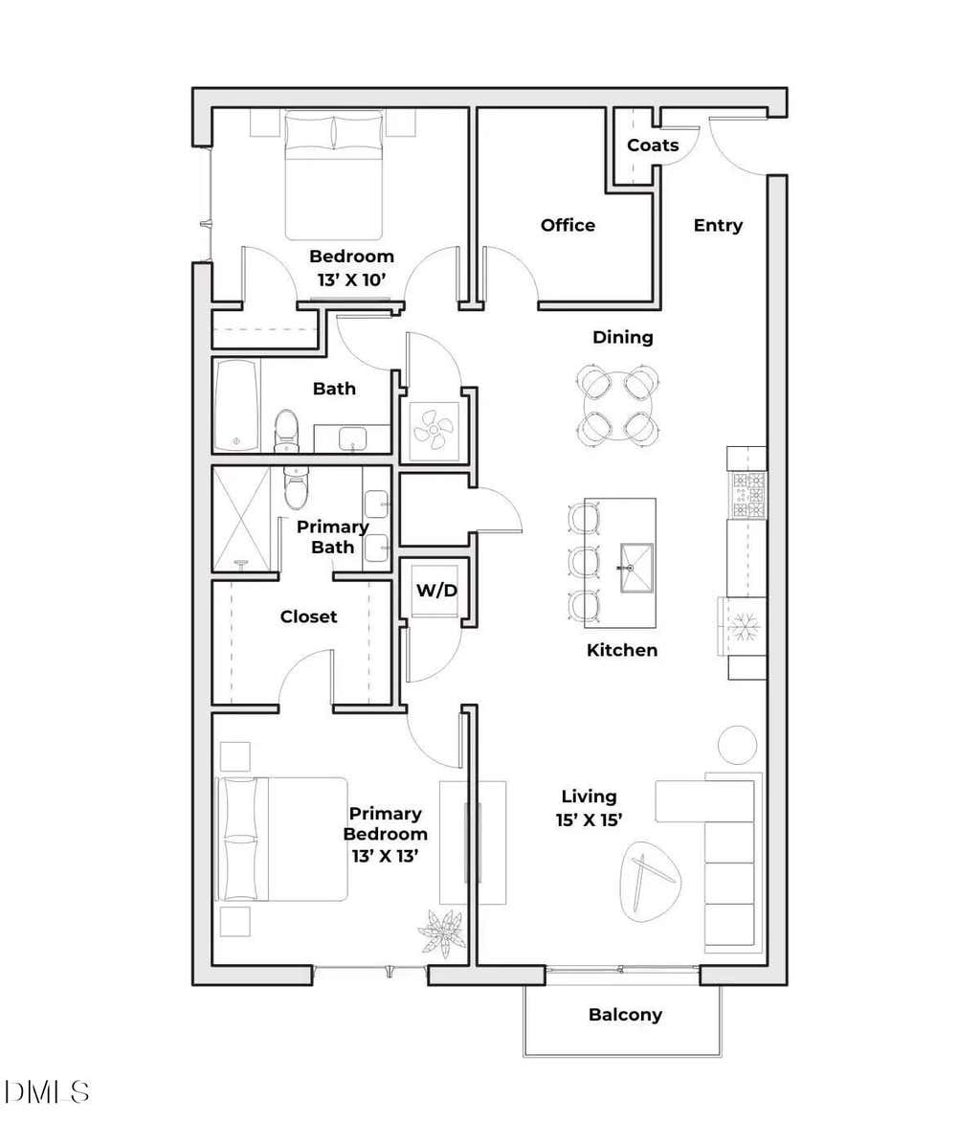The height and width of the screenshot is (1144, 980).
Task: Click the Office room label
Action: click(x=568, y=225)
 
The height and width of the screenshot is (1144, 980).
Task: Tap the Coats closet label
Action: click(x=653, y=146)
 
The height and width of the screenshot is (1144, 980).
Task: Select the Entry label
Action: click(x=718, y=225)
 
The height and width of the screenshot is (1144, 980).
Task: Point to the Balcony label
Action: click(x=625, y=1015)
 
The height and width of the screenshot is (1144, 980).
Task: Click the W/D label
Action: click(x=436, y=591)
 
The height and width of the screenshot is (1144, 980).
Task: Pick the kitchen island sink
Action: click(x=635, y=568)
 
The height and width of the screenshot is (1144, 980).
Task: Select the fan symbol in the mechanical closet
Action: click(x=434, y=431)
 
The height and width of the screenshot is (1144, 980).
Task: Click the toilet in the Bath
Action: click(x=286, y=431)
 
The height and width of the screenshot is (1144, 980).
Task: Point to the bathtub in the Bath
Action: click(x=237, y=406)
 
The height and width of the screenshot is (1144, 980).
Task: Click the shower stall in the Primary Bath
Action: click(x=241, y=519)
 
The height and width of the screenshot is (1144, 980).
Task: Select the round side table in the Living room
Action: click(x=737, y=745)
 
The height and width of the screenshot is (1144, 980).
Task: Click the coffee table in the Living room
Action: click(x=650, y=881)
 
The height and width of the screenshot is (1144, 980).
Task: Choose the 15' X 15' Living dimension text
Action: click(x=589, y=820)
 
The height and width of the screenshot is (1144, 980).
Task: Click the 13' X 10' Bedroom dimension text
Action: click(x=351, y=280)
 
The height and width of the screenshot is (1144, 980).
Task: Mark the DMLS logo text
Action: click(x=47, y=1092)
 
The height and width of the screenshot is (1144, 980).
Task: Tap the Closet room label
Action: click(x=308, y=617)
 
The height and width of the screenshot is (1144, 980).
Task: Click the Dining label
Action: click(x=623, y=338)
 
